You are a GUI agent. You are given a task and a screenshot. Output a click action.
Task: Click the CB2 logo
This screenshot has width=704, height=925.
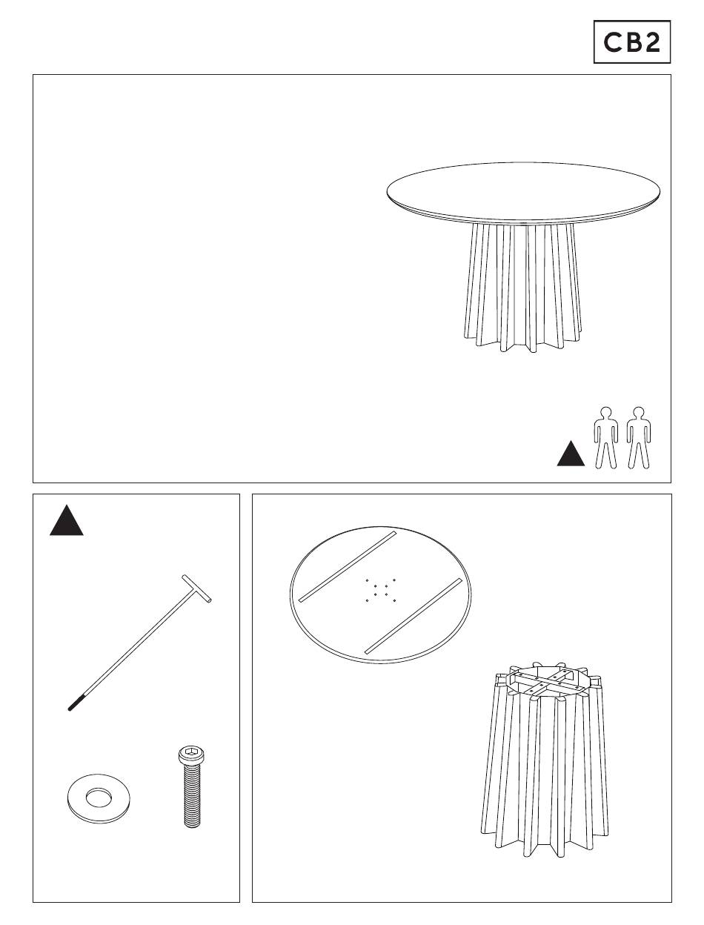pos(631,42)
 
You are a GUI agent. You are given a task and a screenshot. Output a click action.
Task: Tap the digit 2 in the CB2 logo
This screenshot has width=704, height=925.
pos(653,42)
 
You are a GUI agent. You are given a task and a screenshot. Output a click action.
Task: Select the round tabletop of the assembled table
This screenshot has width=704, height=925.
pos(523,193)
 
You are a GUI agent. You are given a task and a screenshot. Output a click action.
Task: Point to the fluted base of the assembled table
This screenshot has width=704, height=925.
pos(523,287)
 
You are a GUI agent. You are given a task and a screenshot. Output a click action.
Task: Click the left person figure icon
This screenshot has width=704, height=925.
pos(606,437)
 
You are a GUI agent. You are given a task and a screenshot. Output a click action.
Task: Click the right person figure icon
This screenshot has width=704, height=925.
pos(639,437)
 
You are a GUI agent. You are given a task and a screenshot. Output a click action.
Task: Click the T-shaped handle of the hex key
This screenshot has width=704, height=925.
pos(196,589)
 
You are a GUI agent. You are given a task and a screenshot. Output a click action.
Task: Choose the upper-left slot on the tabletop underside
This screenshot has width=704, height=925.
pos(347,566)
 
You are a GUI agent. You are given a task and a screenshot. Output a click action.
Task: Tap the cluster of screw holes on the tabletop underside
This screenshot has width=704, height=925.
pos(380,589)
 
